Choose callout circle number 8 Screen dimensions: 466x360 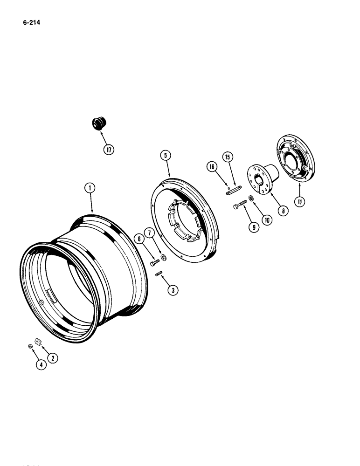283,210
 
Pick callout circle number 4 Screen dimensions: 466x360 42,365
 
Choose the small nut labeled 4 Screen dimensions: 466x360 29,346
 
